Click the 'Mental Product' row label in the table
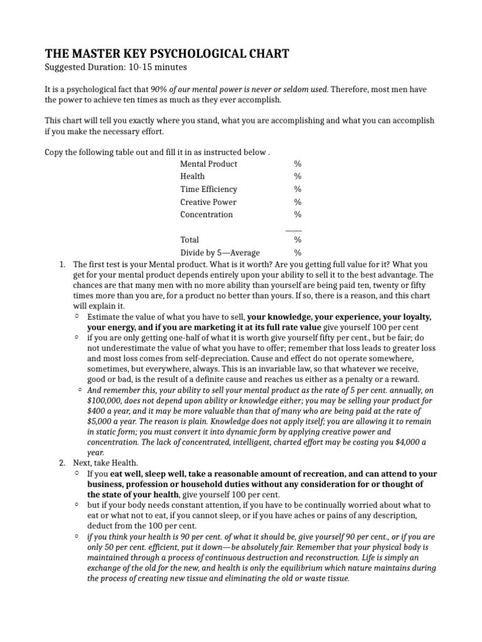pos(208,164)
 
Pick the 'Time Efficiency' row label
pos(208,189)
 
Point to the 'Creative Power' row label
pos(208,202)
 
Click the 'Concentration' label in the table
pos(206,214)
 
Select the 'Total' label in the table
pos(189,239)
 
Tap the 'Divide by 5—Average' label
pos(220,253)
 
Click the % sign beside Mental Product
pos(297,164)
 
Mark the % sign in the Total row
pos(297,239)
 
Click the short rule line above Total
pos(293,229)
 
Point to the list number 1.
pos(62,265)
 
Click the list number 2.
pos(62,462)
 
